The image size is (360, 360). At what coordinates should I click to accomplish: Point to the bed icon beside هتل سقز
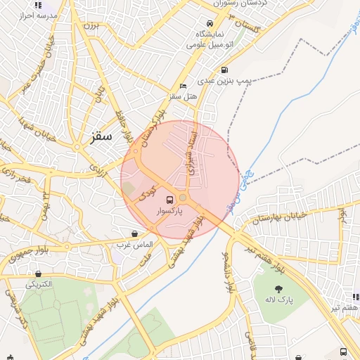pos(184,86)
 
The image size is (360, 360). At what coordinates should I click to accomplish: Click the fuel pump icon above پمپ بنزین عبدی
pos(224,70)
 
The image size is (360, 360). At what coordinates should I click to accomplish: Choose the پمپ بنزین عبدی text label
pos(228,82)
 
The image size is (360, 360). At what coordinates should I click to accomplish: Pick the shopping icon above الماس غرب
pos(134,233)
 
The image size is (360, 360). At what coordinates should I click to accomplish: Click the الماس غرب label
pos(134,245)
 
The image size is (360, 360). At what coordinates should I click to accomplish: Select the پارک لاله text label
pos(279,300)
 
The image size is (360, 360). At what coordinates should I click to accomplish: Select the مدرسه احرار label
pos(25,15)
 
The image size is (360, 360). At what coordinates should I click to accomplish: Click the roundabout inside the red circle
pos(183,198)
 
